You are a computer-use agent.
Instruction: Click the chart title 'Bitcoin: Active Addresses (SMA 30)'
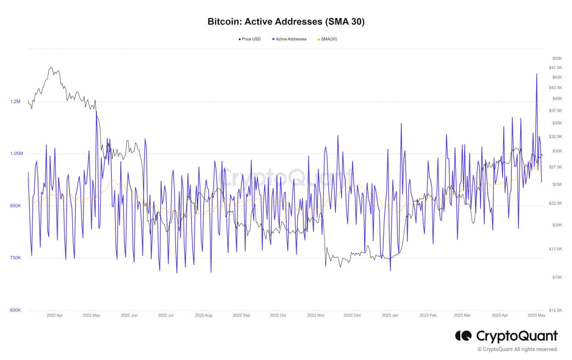[286, 22]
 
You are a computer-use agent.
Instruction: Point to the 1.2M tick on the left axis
[15, 102]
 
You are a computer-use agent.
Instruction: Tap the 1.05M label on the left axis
[16, 154]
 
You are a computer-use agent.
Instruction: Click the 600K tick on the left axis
[15, 310]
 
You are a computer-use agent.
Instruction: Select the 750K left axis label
[15, 258]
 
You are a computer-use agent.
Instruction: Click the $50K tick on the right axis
[557, 58]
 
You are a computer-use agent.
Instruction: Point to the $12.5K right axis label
[555, 310]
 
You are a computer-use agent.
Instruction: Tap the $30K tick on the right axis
[557, 151]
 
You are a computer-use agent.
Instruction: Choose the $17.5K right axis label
[555, 249]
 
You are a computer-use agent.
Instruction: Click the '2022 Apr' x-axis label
[55, 315]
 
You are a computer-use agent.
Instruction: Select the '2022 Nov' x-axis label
[316, 315]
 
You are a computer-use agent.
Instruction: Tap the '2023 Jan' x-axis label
[390, 315]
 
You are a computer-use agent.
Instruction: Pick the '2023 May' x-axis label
[536, 315]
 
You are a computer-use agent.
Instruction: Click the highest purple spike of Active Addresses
[537, 74]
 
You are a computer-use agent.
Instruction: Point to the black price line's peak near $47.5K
[51, 68]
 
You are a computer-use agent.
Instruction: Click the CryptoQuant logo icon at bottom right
[463, 336]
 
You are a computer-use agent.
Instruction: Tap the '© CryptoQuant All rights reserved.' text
[518, 349]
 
